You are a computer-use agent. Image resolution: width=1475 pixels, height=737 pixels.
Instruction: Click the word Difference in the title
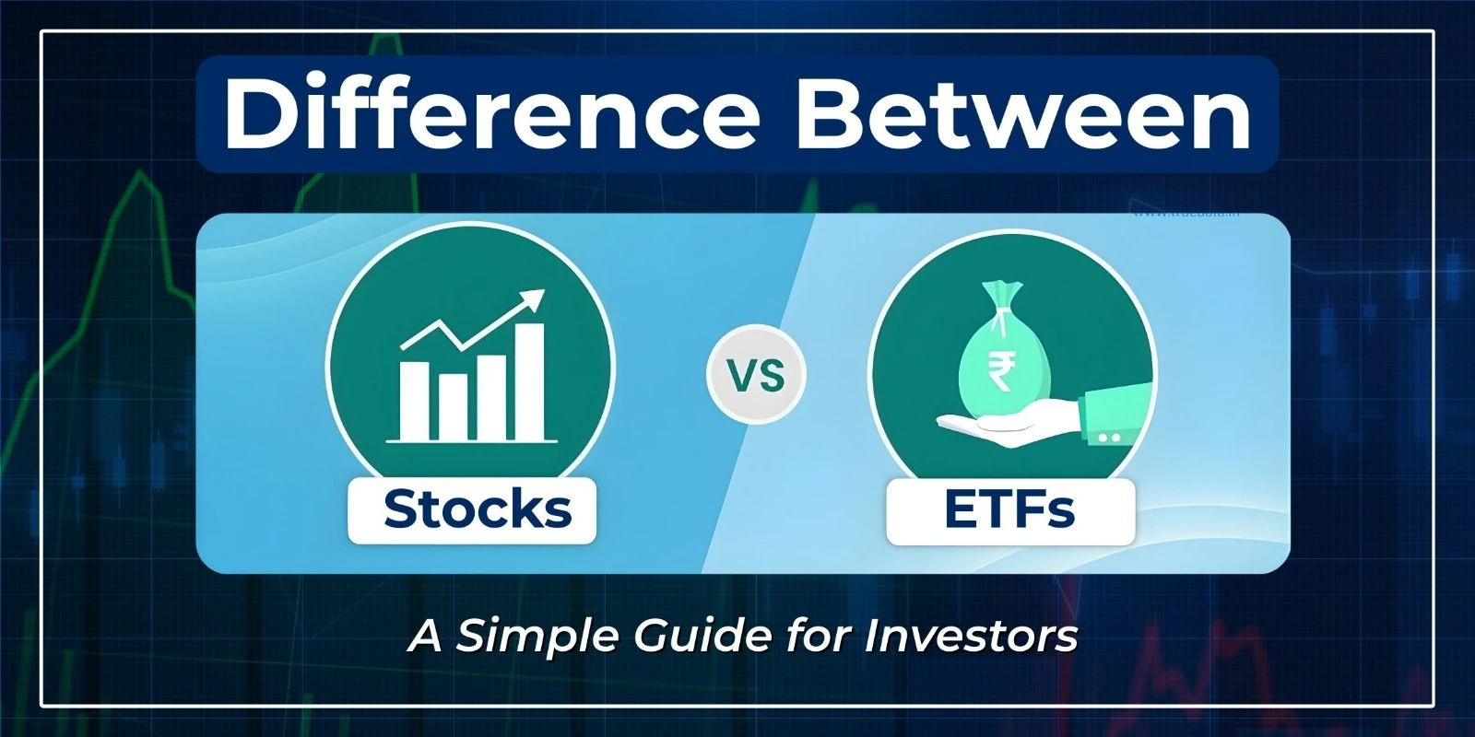coord(490,114)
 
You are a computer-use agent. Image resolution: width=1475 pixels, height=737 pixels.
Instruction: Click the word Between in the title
coord(1023,114)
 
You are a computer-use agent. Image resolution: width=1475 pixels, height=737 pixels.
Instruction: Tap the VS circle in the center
coord(756,375)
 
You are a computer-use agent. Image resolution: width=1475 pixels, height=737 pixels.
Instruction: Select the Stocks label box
coord(472,509)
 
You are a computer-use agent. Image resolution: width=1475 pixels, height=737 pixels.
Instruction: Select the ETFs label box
coord(1009,509)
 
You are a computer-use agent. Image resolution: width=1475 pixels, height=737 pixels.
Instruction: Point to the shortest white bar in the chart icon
coord(453,405)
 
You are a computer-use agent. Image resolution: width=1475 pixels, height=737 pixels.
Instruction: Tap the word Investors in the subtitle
coord(971,636)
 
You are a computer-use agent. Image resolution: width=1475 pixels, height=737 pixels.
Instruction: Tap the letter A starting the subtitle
coord(426,636)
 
